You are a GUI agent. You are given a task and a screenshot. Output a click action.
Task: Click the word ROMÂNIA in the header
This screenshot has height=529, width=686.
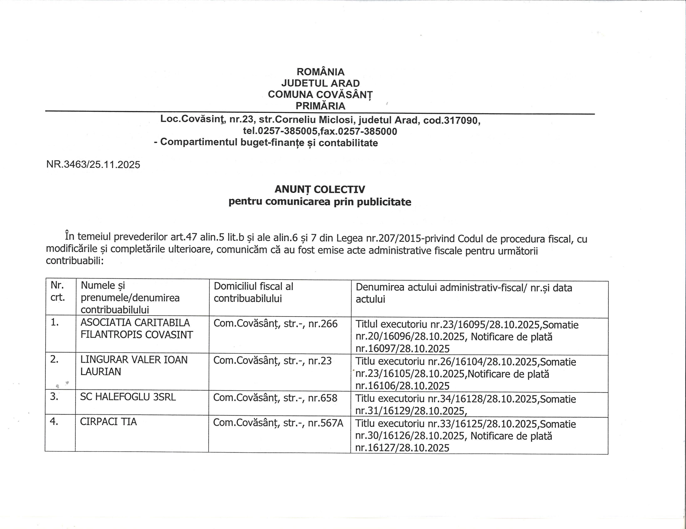click(320, 72)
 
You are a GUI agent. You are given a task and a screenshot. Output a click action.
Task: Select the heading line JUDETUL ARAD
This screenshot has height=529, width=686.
click(320, 83)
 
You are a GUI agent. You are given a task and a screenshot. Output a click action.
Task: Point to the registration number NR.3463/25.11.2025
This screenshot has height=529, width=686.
click(93, 164)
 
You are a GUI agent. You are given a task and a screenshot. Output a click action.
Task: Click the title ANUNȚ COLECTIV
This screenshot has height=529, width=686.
click(320, 189)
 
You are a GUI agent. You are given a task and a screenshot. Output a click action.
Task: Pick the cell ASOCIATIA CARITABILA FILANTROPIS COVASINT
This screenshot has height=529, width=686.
click(136, 329)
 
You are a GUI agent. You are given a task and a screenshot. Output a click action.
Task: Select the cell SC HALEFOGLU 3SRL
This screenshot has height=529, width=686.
click(128, 397)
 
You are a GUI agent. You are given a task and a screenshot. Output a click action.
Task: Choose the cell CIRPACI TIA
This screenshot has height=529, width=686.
click(108, 422)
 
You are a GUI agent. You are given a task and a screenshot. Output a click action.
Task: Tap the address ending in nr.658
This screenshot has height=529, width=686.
click(275, 398)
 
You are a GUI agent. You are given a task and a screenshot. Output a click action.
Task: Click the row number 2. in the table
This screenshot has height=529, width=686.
click(54, 359)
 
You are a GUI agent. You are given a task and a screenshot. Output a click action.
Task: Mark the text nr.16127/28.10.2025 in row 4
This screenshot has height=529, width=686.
click(402, 448)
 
